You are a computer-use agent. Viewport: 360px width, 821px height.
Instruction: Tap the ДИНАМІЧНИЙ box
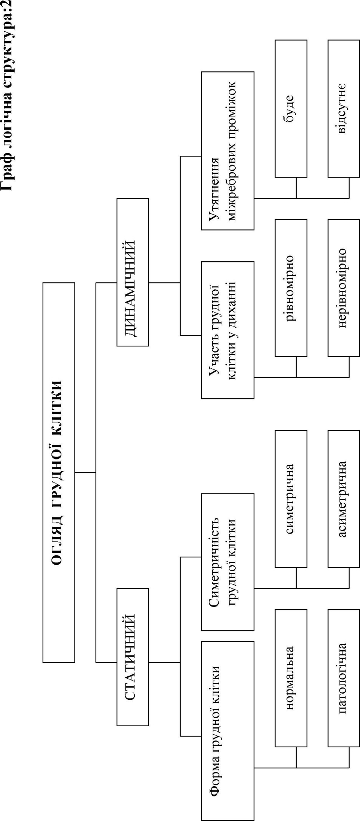click(132, 272)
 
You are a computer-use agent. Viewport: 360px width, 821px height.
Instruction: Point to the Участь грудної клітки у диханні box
click(227, 330)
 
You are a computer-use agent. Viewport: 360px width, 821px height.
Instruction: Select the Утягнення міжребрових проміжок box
click(227, 151)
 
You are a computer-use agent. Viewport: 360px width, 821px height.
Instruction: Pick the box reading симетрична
click(291, 499)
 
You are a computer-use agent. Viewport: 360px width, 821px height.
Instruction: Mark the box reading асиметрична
click(343, 499)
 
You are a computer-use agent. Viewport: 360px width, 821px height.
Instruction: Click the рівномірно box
click(291, 288)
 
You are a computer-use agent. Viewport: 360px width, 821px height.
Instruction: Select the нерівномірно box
click(343, 288)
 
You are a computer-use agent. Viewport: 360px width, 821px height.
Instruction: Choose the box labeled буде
click(291, 109)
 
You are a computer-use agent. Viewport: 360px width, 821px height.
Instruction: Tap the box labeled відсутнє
click(343, 109)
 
